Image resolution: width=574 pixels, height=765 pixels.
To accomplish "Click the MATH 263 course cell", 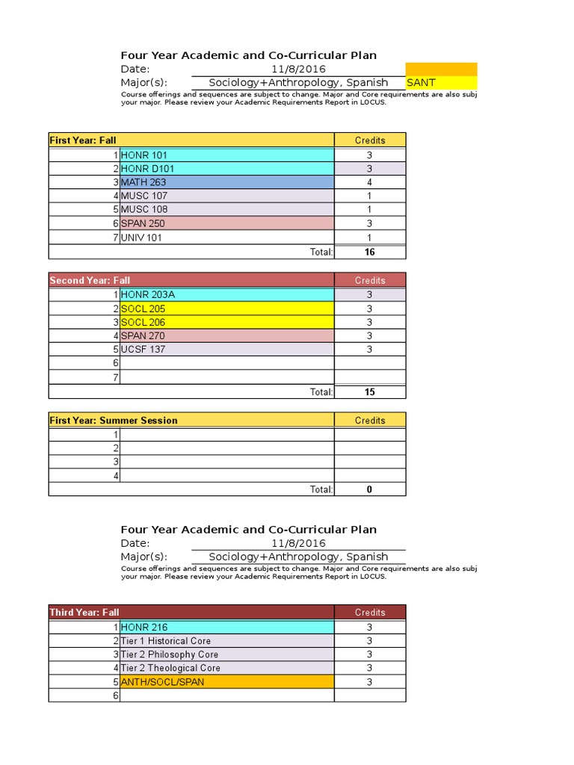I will pyautogui.click(x=226, y=182).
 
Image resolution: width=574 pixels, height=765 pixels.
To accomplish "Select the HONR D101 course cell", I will pyautogui.click(x=226, y=169).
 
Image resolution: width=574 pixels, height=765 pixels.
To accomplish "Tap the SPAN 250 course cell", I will pyautogui.click(x=226, y=223).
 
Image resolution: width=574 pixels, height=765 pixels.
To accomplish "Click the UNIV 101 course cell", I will pyautogui.click(x=226, y=238).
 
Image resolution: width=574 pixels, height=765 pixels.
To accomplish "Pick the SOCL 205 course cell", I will pyautogui.click(x=226, y=309).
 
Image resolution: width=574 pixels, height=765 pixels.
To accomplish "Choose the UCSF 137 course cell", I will pyautogui.click(x=226, y=349).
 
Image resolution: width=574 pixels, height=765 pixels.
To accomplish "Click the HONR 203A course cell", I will pyautogui.click(x=226, y=295).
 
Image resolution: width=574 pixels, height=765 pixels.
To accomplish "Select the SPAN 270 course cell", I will pyautogui.click(x=226, y=335).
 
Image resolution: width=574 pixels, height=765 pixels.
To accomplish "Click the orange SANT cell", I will pyautogui.click(x=441, y=82).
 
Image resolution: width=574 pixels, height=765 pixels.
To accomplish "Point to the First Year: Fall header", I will pyautogui.click(x=191, y=140).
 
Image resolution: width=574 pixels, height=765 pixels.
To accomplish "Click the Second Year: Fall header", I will pyautogui.click(x=191, y=280).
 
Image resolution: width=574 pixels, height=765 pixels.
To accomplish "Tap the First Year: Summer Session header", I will pyautogui.click(x=191, y=420).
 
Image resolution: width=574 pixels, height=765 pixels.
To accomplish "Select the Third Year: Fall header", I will pyautogui.click(x=191, y=612).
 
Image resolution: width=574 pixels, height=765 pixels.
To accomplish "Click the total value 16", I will pyautogui.click(x=369, y=252).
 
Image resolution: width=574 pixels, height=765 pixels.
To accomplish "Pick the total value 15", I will pyautogui.click(x=369, y=391).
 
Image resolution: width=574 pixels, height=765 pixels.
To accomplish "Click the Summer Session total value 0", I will pyautogui.click(x=369, y=489).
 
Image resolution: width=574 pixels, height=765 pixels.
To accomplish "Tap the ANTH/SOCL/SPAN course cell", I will pyautogui.click(x=226, y=681).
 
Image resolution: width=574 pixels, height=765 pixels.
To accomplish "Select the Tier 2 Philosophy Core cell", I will pyautogui.click(x=226, y=654).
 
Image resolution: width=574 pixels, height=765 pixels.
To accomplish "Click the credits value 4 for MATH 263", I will pyautogui.click(x=369, y=182).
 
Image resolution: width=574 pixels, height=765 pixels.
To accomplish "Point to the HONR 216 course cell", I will pyautogui.click(x=226, y=628).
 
